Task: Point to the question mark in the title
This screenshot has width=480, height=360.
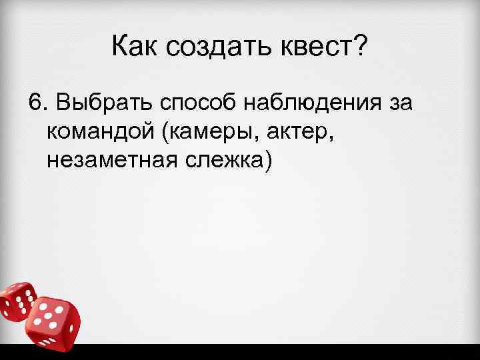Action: (x=359, y=47)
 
